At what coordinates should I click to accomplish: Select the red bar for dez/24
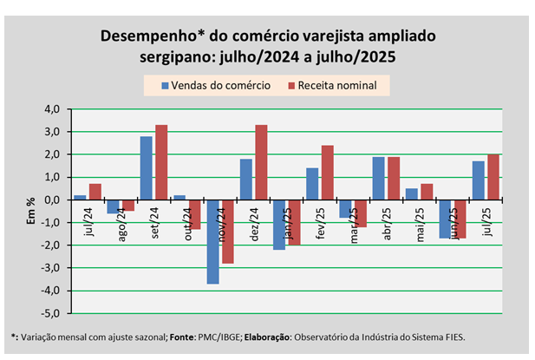[261, 162]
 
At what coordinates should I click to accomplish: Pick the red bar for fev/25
[328, 173]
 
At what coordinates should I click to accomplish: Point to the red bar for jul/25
[493, 177]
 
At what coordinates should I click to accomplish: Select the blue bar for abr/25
[378, 178]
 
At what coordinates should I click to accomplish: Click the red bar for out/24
[195, 214]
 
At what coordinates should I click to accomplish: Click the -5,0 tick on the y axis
[51, 313]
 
